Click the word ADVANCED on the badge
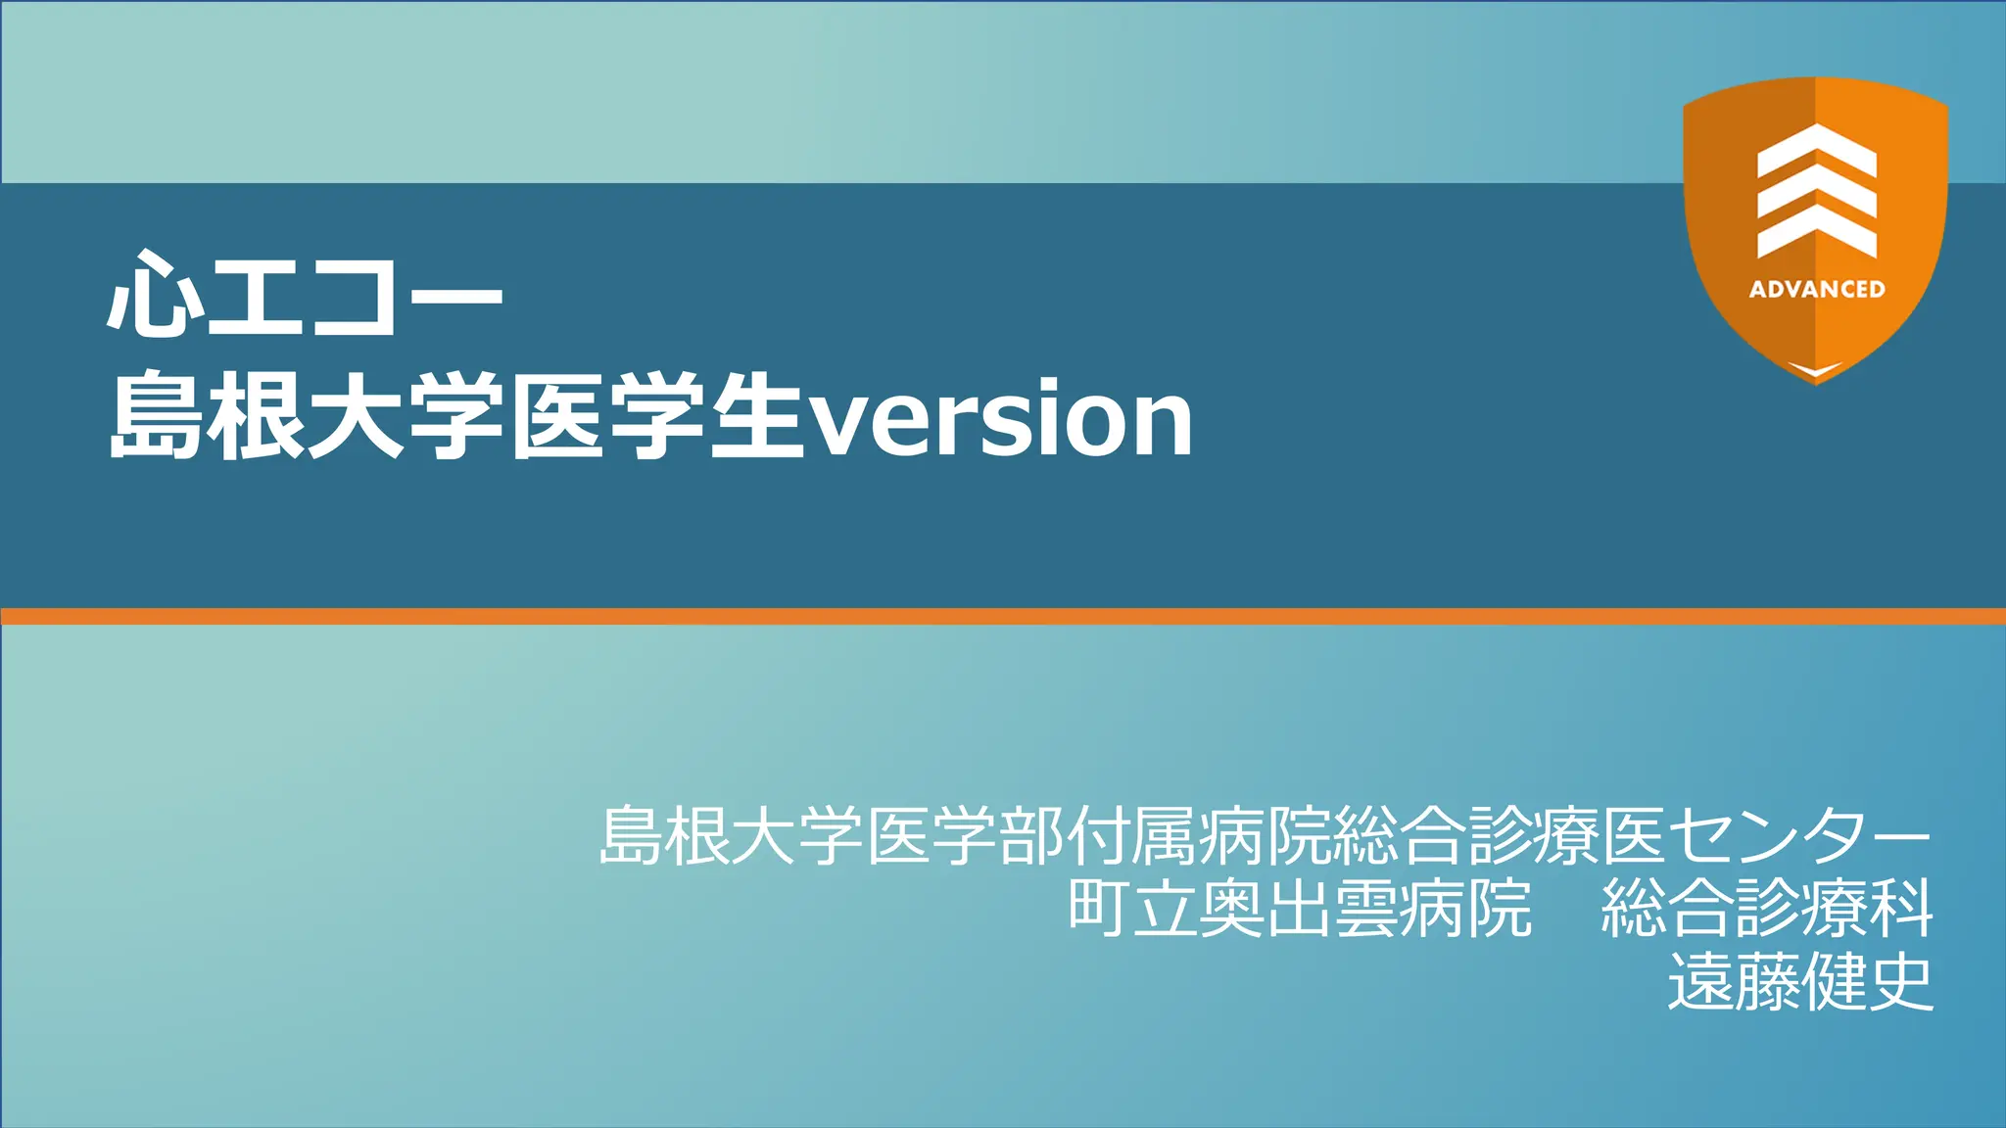(x=1817, y=289)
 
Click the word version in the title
(x=1001, y=419)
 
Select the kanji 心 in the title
(x=155, y=294)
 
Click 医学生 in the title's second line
(x=656, y=417)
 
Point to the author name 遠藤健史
(x=1800, y=982)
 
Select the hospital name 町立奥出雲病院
(x=1299, y=909)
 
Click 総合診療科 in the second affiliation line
(x=1766, y=909)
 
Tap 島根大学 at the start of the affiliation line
(x=731, y=835)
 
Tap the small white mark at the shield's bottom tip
(x=1816, y=369)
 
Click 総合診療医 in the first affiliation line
(x=1499, y=835)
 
